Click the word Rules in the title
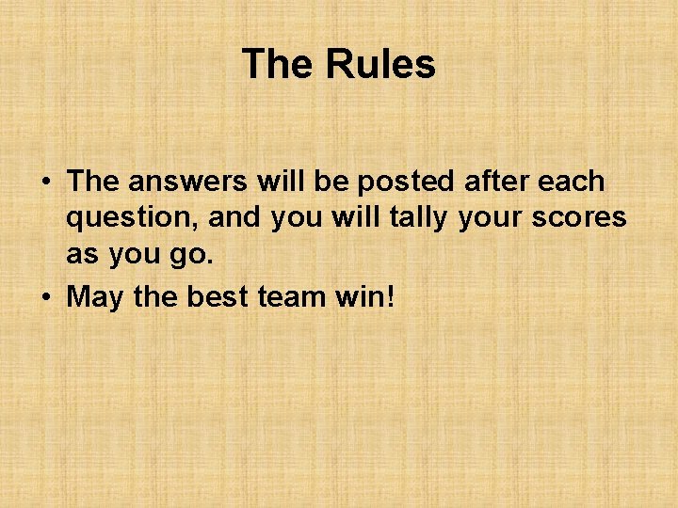tap(380, 64)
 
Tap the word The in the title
tap(278, 64)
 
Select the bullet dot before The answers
tap(45, 182)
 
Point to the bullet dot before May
tap(45, 298)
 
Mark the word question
tap(131, 218)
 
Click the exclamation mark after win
tap(391, 296)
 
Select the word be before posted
tap(335, 181)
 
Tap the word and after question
tap(234, 217)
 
